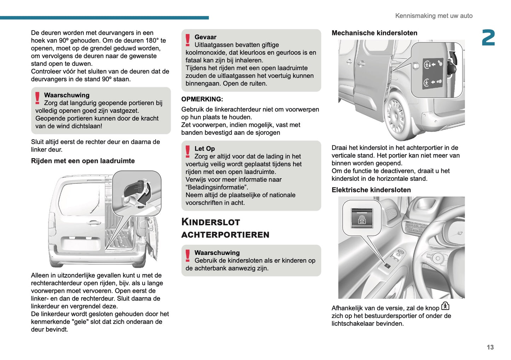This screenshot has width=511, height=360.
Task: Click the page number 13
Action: (490, 347)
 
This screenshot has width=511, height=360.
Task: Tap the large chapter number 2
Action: (488, 38)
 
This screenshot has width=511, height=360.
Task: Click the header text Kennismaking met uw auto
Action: (434, 16)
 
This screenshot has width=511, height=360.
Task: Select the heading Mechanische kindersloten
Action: (374, 33)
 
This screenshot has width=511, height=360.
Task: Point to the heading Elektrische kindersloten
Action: (371, 190)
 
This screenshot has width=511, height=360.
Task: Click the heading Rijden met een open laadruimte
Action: (83, 161)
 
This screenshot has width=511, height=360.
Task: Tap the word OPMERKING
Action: (202, 99)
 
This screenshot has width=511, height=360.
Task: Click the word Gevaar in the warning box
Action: (205, 37)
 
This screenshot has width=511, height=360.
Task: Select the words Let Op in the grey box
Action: (204, 149)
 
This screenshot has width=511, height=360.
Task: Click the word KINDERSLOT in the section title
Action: (210, 222)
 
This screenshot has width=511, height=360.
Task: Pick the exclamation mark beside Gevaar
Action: (187, 40)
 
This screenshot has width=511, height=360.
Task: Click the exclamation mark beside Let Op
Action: (187, 152)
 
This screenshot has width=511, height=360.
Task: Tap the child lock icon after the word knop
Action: (445, 306)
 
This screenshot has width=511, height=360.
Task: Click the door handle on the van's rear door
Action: (93, 222)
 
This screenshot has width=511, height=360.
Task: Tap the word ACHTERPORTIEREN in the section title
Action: (225, 235)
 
